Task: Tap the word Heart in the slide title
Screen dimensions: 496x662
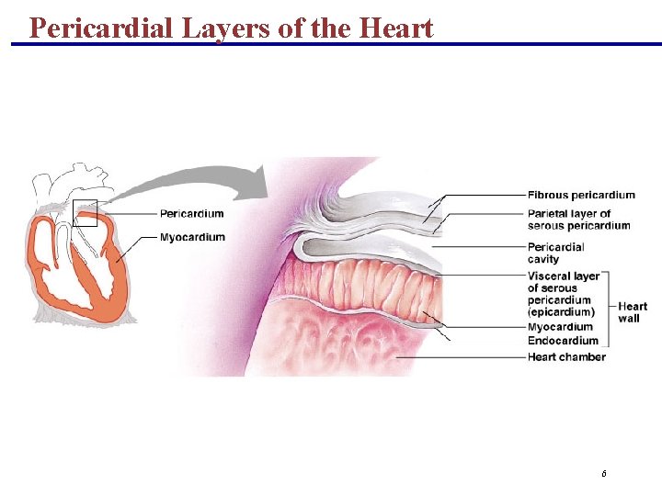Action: [396, 28]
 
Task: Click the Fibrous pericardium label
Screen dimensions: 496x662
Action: [581, 195]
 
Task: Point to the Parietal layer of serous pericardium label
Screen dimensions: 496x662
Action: [578, 220]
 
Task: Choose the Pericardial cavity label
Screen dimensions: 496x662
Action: [555, 253]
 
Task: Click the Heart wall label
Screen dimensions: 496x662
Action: [633, 312]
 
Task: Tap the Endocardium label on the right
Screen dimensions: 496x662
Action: [563, 342]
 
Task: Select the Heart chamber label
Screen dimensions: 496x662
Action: [566, 357]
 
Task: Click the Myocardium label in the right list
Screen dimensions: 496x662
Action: [560, 327]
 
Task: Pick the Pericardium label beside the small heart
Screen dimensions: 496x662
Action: [191, 214]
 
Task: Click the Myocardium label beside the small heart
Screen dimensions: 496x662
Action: [192, 238]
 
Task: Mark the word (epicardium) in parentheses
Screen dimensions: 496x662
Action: [561, 312]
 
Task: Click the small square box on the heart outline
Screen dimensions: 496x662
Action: [85, 212]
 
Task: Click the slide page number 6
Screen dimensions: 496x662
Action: [603, 474]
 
